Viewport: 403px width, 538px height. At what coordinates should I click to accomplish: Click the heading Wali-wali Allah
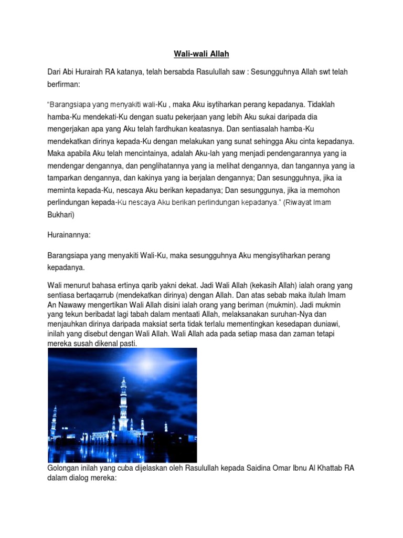[201, 54]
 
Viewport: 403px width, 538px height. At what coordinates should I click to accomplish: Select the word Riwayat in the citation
[300, 202]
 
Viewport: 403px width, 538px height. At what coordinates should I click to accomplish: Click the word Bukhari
[61, 215]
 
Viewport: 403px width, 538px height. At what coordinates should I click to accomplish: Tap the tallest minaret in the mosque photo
[123, 405]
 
